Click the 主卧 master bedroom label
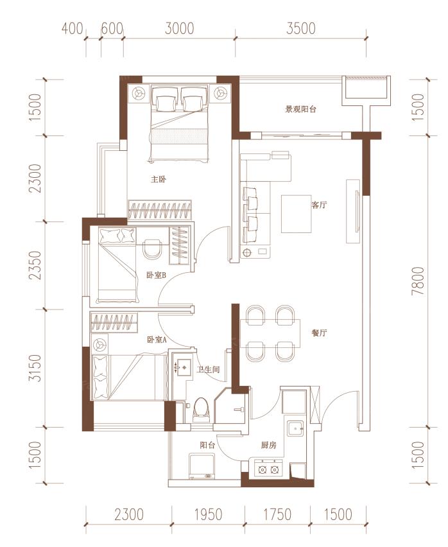point(159,180)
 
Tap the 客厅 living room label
point(319,205)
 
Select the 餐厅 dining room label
point(319,333)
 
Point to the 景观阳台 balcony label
point(300,109)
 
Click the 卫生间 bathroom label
point(208,369)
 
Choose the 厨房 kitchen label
point(268,445)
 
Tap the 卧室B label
point(156,275)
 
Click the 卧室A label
point(157,340)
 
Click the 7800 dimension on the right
point(418,281)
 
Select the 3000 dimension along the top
point(179,29)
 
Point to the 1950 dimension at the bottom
point(208,514)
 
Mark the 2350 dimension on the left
point(35,266)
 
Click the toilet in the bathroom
point(201,410)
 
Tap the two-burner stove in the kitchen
point(268,469)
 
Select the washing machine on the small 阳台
point(202,467)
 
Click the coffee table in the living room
point(297,214)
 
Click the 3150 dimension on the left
point(35,369)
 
